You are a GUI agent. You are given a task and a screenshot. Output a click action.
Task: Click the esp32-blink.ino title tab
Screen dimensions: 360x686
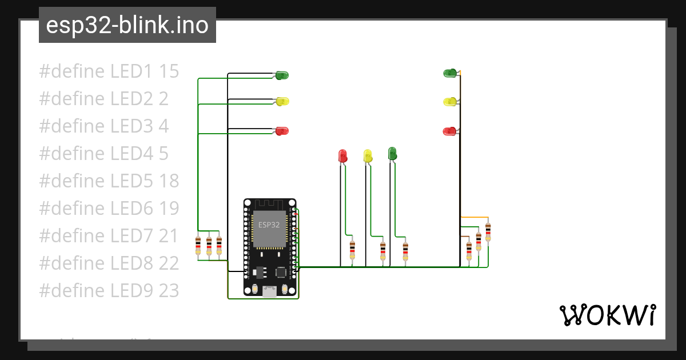tap(127, 25)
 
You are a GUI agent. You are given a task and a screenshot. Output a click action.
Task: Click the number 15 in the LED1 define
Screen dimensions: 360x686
tap(169, 71)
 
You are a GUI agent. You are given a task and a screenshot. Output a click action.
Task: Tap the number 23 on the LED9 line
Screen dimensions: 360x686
tap(169, 290)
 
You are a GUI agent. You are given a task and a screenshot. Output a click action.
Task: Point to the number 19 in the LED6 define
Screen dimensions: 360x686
tap(169, 208)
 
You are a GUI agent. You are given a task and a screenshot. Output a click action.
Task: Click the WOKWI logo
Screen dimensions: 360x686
tap(607, 315)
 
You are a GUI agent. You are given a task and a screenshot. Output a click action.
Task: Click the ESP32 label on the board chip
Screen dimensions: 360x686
tap(269, 225)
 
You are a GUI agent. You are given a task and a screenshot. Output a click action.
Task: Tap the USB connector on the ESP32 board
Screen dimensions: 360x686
tap(269, 292)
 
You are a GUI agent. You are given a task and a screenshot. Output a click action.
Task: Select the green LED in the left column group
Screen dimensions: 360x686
tap(282, 75)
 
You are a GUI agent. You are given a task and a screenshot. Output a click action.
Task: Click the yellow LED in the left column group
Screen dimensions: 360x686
tap(282, 101)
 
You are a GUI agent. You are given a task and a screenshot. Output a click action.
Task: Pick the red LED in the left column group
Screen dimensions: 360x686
tap(282, 131)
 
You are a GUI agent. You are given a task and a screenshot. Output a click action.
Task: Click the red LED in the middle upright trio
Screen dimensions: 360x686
tap(342, 155)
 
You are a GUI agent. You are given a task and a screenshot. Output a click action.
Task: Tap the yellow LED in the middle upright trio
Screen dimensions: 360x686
tap(368, 155)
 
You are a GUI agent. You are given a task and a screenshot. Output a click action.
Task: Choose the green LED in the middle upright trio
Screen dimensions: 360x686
tap(392, 153)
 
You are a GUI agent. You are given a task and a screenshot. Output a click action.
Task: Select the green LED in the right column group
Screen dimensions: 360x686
tap(450, 73)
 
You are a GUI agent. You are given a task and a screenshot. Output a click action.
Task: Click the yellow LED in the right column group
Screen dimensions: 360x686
tap(450, 102)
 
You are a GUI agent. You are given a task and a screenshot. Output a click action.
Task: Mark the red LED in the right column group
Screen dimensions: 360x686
tap(449, 131)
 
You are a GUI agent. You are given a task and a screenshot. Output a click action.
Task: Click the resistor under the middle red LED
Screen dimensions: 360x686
tap(352, 250)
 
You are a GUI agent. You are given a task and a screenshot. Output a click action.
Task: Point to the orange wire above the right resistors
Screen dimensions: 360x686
tap(474, 218)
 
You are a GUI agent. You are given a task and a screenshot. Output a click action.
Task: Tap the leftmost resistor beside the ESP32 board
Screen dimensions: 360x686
tap(198, 246)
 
